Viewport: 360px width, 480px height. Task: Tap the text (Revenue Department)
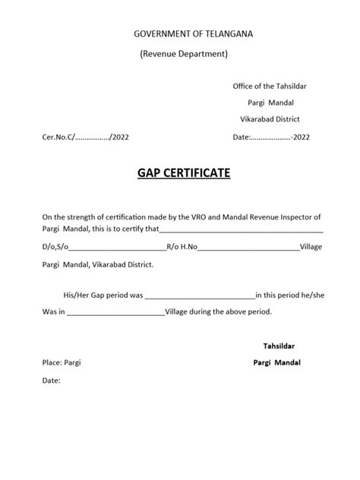pyautogui.click(x=183, y=54)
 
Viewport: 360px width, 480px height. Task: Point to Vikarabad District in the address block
pyautogui.click(x=270, y=119)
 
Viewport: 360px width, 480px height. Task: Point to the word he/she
pyautogui.click(x=310, y=294)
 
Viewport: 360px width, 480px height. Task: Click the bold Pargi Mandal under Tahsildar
pyautogui.click(x=276, y=362)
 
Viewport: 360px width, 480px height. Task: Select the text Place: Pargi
pyautogui.click(x=62, y=363)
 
